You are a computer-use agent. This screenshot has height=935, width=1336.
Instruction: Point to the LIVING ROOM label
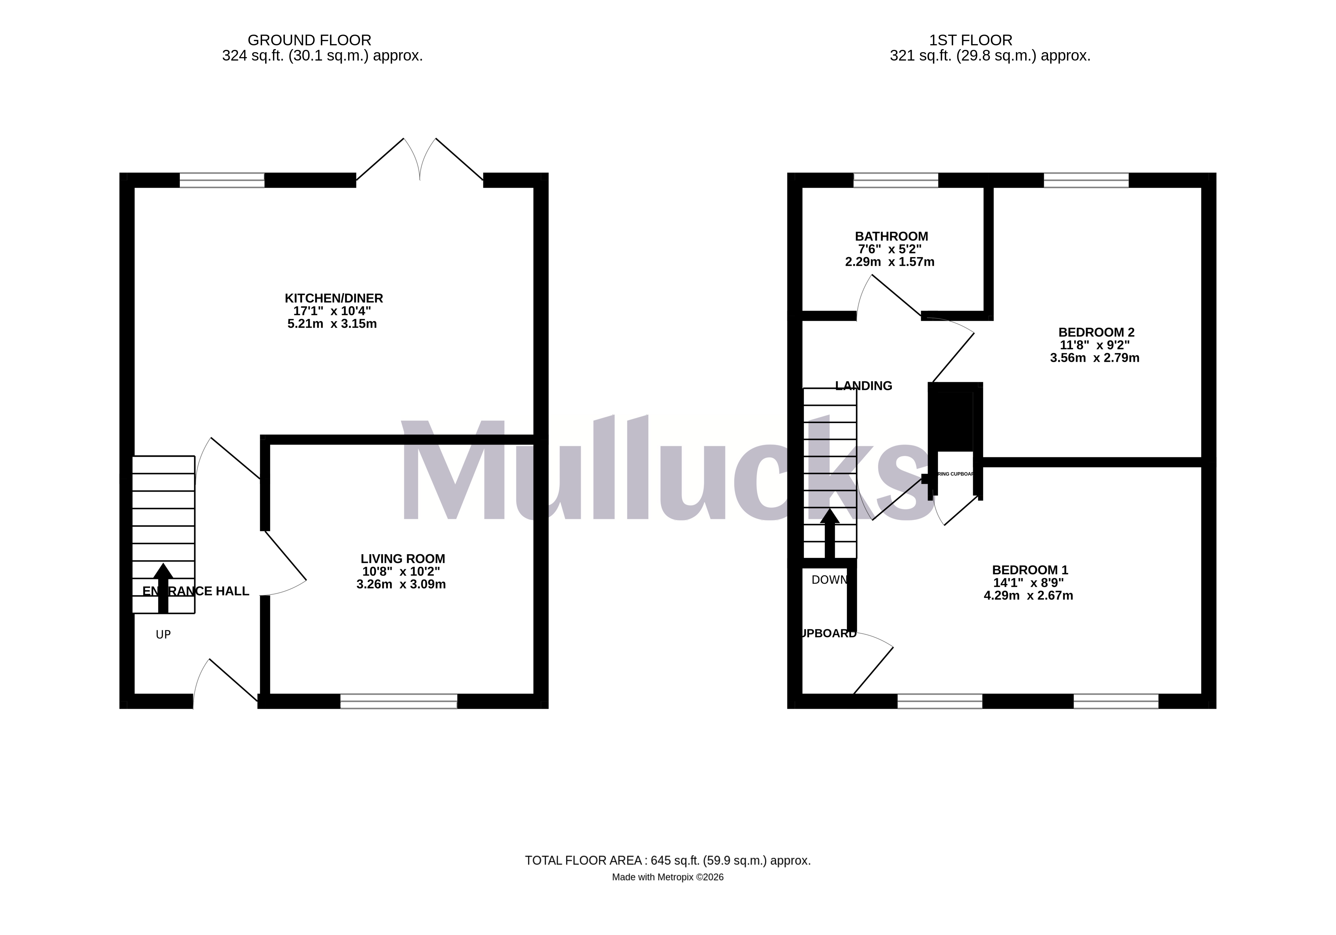[x=403, y=559]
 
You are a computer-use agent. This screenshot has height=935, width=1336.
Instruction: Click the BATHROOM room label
[x=891, y=236]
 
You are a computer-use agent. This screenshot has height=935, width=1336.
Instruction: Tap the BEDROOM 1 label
[x=1030, y=570]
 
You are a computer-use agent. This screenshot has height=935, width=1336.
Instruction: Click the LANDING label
[x=864, y=386]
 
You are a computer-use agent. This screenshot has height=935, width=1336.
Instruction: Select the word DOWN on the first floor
[x=829, y=580]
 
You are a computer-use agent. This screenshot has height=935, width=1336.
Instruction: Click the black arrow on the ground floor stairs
[x=163, y=588]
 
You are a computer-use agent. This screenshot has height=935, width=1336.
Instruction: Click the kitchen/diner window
[x=222, y=181]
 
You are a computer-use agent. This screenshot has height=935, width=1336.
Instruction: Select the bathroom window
[x=896, y=181]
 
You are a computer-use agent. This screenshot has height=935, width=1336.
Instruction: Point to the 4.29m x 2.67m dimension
[x=1028, y=596]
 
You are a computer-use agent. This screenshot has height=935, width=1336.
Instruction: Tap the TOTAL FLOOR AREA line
[x=667, y=860]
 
